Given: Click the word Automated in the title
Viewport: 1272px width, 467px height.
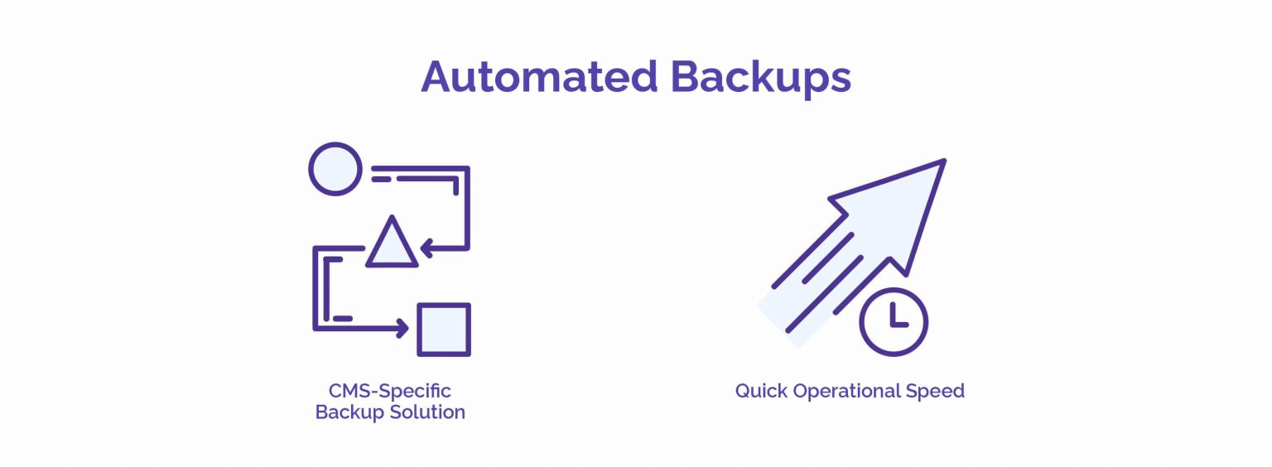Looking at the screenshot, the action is pyautogui.click(x=539, y=77).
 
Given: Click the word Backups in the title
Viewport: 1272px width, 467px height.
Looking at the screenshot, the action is pyautogui.click(x=761, y=79).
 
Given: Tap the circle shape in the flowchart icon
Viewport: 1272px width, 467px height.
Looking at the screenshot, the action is pyautogui.click(x=335, y=169).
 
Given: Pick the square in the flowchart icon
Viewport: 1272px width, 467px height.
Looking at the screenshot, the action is pyautogui.click(x=444, y=330).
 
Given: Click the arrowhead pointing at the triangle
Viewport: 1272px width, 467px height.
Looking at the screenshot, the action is pyautogui.click(x=427, y=248).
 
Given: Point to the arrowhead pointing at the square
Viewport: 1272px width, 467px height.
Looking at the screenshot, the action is pyautogui.click(x=402, y=328).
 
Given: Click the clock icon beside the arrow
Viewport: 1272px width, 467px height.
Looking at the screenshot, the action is pyautogui.click(x=894, y=322).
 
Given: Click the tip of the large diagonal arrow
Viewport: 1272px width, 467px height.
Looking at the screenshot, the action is pyautogui.click(x=945, y=160).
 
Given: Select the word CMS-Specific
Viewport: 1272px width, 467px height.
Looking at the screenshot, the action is pyautogui.click(x=389, y=391).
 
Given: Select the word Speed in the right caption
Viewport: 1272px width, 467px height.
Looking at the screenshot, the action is pyautogui.click(x=935, y=392).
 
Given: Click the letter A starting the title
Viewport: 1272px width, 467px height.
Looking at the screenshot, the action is pyautogui.click(x=436, y=77).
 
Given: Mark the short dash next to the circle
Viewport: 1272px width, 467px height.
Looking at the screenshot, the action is pyautogui.click(x=381, y=179).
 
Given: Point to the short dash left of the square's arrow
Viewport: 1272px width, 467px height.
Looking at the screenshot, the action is pyautogui.click(x=343, y=318).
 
